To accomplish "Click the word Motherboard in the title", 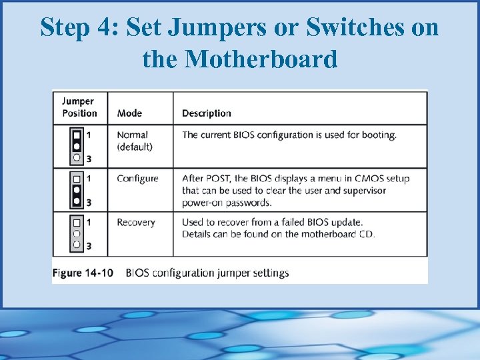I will [x=261, y=59].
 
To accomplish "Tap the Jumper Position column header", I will [x=79, y=107].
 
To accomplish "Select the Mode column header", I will [x=129, y=113].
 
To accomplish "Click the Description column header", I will [x=207, y=113].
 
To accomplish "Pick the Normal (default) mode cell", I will [x=134, y=141].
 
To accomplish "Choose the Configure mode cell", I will [x=137, y=179].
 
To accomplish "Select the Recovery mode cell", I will [x=135, y=223].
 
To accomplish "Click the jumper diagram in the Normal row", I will [x=77, y=146].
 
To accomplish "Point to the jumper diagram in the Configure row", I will [x=77, y=190].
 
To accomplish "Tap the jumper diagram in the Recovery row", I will [x=77, y=233].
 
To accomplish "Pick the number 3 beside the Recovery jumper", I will [x=89, y=246].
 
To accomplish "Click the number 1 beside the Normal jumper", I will [x=89, y=135].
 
